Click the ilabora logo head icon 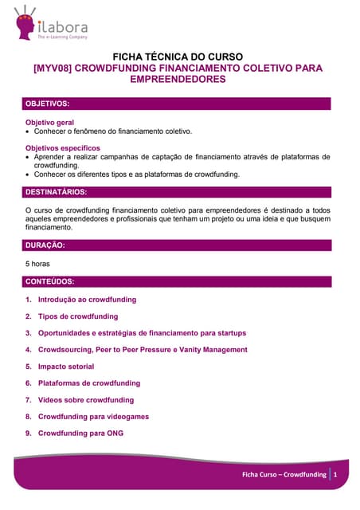(23, 22)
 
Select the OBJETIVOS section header (48, 104)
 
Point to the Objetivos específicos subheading (63, 148)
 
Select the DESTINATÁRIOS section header (57, 192)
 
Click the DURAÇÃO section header (45, 245)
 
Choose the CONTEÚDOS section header (50, 281)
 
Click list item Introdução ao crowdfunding (87, 300)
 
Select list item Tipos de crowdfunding (78, 316)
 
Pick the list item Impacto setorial (66, 367)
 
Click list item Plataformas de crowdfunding (89, 383)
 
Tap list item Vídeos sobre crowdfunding (86, 400)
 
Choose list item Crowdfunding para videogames (93, 417)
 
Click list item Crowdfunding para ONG (80, 433)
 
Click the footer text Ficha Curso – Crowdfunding (284, 475)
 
